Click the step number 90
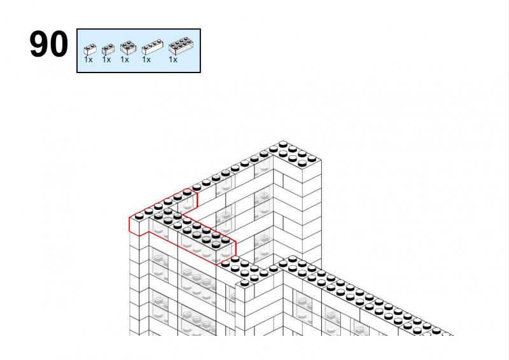click(x=49, y=44)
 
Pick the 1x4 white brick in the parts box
click(x=152, y=47)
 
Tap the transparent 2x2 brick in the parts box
click(x=129, y=48)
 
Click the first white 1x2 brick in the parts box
click(x=90, y=50)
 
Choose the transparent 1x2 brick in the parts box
click(x=108, y=50)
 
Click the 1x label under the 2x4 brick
click(x=172, y=60)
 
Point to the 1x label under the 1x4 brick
click(x=146, y=60)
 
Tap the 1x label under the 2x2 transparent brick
click(x=124, y=60)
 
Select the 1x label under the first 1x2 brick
click(x=88, y=60)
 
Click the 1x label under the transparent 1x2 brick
click(x=106, y=60)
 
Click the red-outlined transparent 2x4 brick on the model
click(x=208, y=243)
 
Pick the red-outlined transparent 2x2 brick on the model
click(x=164, y=223)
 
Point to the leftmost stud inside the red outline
click(x=139, y=215)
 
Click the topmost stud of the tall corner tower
click(x=283, y=144)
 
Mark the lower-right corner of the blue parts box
click(x=200, y=73)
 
